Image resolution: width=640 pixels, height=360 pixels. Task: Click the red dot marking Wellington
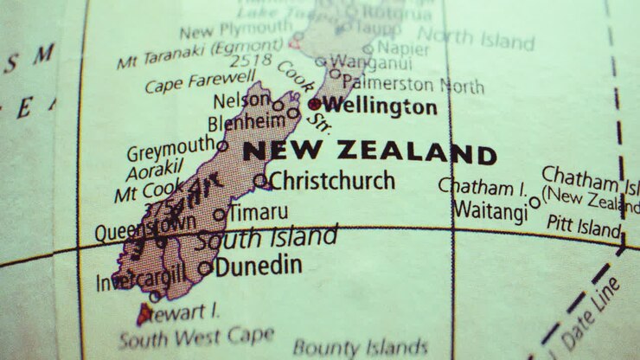coord(314,104)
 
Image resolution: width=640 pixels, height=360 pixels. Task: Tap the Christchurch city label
coord(332,181)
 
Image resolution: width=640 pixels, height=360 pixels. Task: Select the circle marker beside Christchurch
coord(259,180)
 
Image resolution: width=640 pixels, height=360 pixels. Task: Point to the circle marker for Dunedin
coord(204,268)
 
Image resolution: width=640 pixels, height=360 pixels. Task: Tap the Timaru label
coord(258,212)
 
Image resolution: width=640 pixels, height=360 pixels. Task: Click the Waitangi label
coord(489,209)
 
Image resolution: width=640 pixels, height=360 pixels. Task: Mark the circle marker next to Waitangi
coord(534,202)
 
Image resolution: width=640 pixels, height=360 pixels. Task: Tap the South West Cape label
coord(196,336)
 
